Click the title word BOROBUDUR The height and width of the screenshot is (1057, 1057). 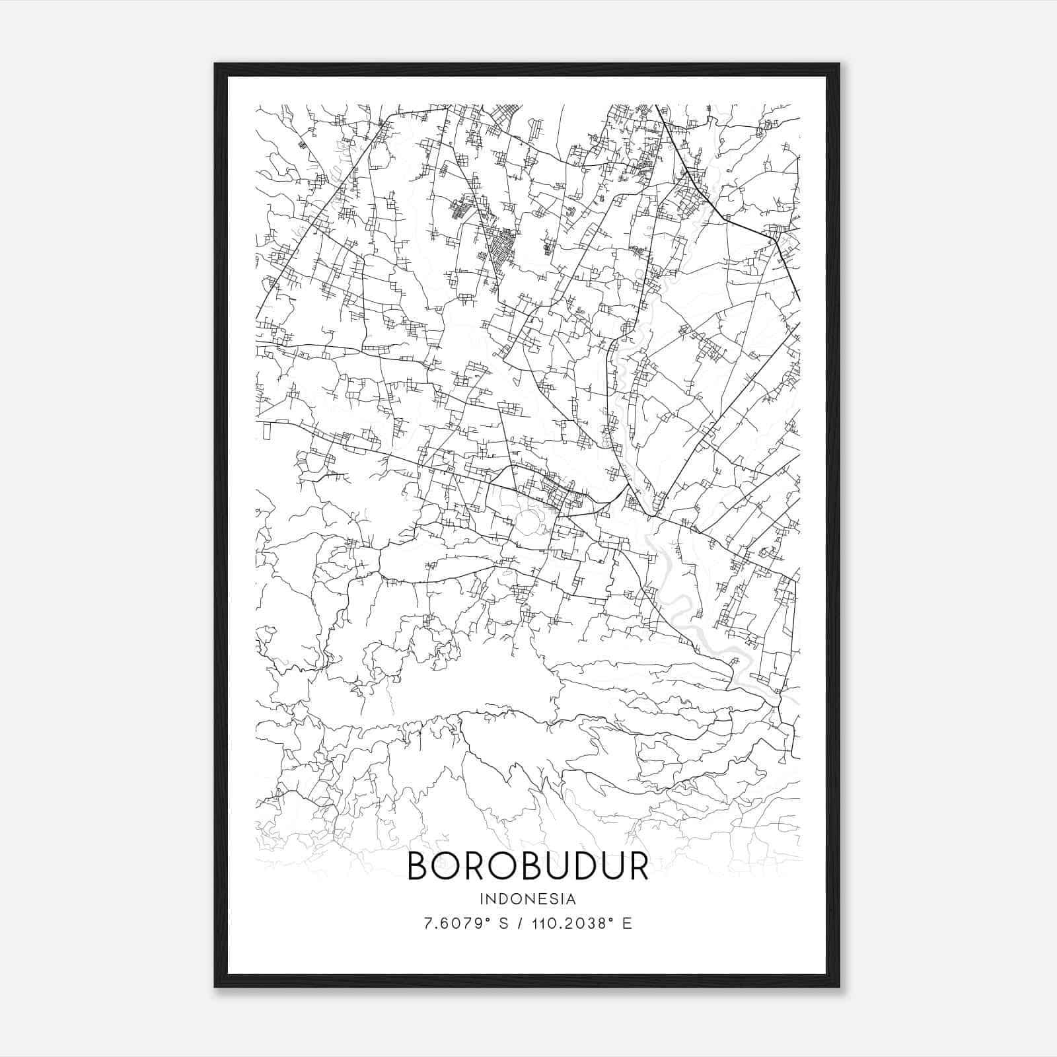528,865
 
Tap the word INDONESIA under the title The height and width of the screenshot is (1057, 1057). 528,899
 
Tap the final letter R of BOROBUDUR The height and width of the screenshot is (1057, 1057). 638,865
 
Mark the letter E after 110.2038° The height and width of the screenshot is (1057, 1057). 627,923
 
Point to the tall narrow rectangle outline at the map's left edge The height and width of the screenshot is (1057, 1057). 266,430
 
